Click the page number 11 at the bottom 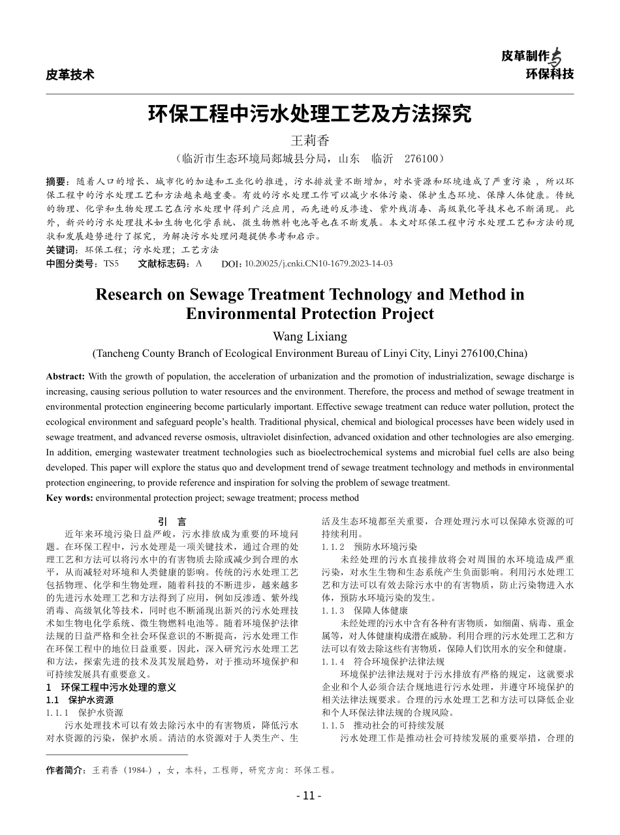click(309, 795)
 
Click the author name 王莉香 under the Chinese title click(310, 140)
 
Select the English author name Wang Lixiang click(309, 337)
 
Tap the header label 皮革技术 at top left click(70, 74)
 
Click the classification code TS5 click(111, 264)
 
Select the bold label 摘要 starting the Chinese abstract click(57, 181)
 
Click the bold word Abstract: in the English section click(65, 377)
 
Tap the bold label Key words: click(70, 498)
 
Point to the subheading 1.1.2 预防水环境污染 click(369, 547)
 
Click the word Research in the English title click(128, 295)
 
